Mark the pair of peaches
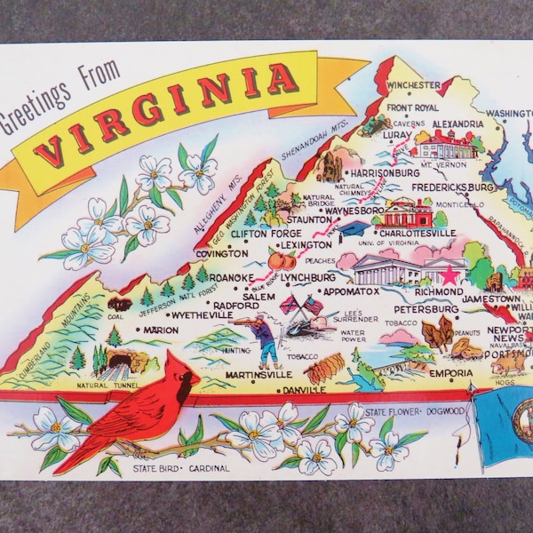coord(282,259)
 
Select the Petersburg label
coord(420,308)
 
